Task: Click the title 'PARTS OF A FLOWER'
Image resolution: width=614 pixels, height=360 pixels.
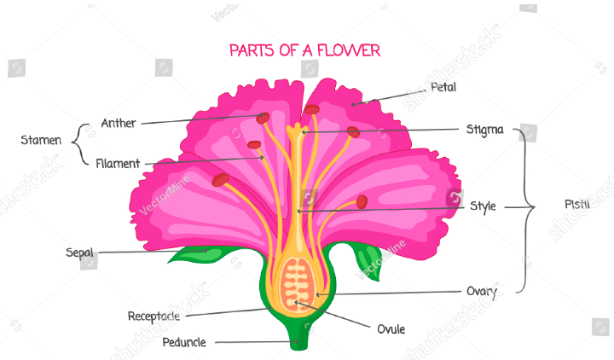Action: point(304,50)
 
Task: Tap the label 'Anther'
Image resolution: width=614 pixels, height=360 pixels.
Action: point(119,123)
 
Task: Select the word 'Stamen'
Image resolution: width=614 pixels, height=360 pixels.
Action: point(41,140)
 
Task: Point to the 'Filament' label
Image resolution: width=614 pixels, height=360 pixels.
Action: point(118,163)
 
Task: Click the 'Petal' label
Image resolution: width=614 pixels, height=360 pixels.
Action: point(443,87)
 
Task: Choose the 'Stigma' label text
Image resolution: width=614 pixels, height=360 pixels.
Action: point(484,130)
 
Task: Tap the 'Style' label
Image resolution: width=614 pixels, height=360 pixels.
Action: point(483,206)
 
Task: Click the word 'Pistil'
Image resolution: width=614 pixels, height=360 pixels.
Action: point(576,205)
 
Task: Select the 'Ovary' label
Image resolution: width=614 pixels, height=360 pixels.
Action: point(482,292)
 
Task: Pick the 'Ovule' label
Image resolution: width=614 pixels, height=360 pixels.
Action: point(391,328)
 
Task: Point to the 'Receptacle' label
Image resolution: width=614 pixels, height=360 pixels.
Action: point(153,316)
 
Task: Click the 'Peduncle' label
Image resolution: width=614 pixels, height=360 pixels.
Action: point(184,342)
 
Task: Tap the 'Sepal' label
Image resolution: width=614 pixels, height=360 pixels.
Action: point(79,253)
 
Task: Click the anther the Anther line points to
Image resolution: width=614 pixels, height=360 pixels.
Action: point(263,118)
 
